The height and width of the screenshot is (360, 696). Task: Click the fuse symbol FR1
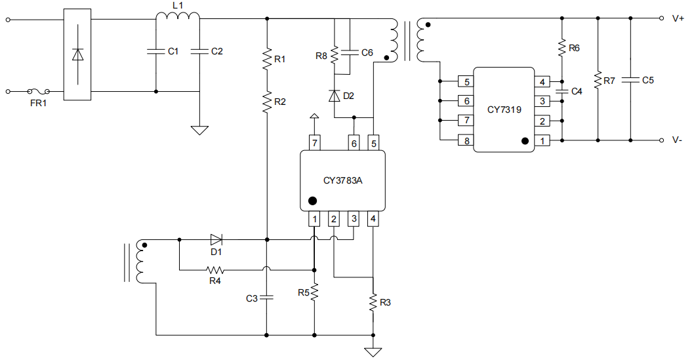click(39, 92)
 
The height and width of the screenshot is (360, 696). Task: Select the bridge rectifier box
click(77, 55)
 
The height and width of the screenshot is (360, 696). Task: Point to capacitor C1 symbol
click(155, 51)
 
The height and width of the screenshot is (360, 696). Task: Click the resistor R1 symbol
click(267, 59)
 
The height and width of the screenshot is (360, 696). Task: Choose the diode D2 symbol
click(334, 96)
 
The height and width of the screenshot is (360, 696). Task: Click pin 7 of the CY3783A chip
click(315, 142)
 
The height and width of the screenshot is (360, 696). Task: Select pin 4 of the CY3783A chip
click(373, 219)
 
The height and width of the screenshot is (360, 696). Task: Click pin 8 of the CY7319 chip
click(466, 140)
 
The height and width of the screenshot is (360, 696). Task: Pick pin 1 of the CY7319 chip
click(542, 140)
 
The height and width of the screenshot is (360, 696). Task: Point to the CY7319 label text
click(504, 110)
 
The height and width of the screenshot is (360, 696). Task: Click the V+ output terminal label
click(678, 19)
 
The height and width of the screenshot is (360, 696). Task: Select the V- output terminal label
click(678, 140)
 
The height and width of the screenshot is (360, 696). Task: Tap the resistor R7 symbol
click(598, 80)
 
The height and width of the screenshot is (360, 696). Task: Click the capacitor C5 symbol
click(630, 80)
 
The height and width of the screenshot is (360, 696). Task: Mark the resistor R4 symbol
click(215, 270)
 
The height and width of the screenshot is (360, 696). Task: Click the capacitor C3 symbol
click(267, 297)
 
